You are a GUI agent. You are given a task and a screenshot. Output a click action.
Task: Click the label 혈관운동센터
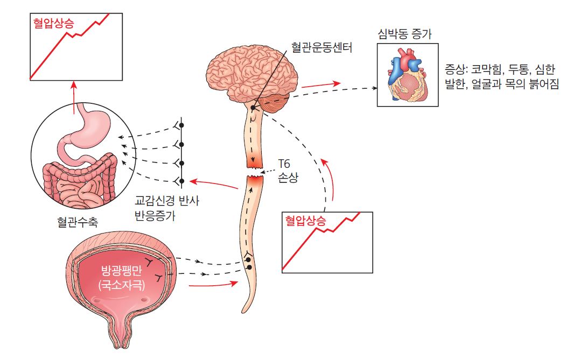pyautogui.click(x=322, y=47)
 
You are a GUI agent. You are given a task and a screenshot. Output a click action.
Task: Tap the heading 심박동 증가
pyautogui.click(x=404, y=34)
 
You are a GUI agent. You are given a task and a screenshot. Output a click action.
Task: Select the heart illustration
pyautogui.click(x=407, y=75)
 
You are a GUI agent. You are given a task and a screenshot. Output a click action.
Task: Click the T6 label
pyautogui.click(x=284, y=164)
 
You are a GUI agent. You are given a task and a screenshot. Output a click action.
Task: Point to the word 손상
pyautogui.click(x=288, y=178)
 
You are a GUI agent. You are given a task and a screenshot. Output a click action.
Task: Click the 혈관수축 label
pyautogui.click(x=78, y=222)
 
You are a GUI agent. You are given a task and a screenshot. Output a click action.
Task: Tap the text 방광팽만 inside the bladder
pyautogui.click(x=121, y=270)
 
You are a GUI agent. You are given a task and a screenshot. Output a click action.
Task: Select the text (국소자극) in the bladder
pyautogui.click(x=121, y=285)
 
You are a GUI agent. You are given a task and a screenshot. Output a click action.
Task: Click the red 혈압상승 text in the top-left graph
pyautogui.click(x=53, y=23)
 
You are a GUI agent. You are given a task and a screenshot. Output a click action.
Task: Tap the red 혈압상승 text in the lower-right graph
pyautogui.click(x=305, y=221)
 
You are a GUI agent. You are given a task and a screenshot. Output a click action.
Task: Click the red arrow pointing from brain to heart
pyautogui.click(x=321, y=84)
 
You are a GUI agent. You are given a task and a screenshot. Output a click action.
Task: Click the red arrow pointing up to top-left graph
pyautogui.click(x=74, y=98)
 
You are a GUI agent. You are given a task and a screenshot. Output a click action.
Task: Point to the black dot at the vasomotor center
pyautogui.click(x=253, y=108)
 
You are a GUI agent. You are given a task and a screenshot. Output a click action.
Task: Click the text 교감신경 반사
pyautogui.click(x=166, y=201)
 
